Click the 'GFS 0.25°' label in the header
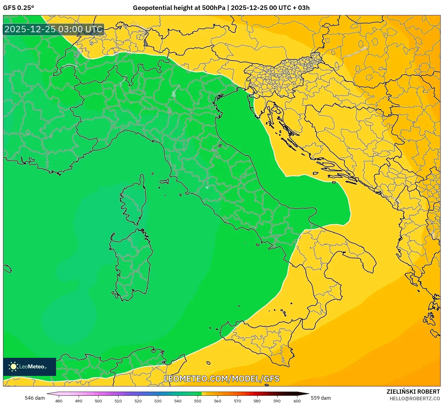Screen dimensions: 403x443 click(x=18, y=8)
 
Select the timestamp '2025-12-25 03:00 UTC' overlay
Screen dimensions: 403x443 click(x=54, y=29)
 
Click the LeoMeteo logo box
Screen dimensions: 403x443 click(x=30, y=367)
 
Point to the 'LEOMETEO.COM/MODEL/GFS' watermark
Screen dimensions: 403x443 click(x=222, y=379)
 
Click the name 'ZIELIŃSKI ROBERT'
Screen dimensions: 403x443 click(x=413, y=392)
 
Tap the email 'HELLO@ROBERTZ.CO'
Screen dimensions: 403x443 click(x=414, y=398)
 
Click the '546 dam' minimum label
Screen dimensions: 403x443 click(x=35, y=398)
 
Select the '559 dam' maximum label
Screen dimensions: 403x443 click(x=321, y=398)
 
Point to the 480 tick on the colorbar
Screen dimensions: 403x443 click(x=59, y=401)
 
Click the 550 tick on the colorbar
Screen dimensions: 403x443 click(x=198, y=401)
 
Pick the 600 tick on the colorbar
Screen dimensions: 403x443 click(x=297, y=401)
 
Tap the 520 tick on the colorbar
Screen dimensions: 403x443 click(x=138, y=401)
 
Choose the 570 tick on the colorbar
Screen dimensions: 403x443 click(x=237, y=401)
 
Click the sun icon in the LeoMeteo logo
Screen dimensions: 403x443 click(x=13, y=366)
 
